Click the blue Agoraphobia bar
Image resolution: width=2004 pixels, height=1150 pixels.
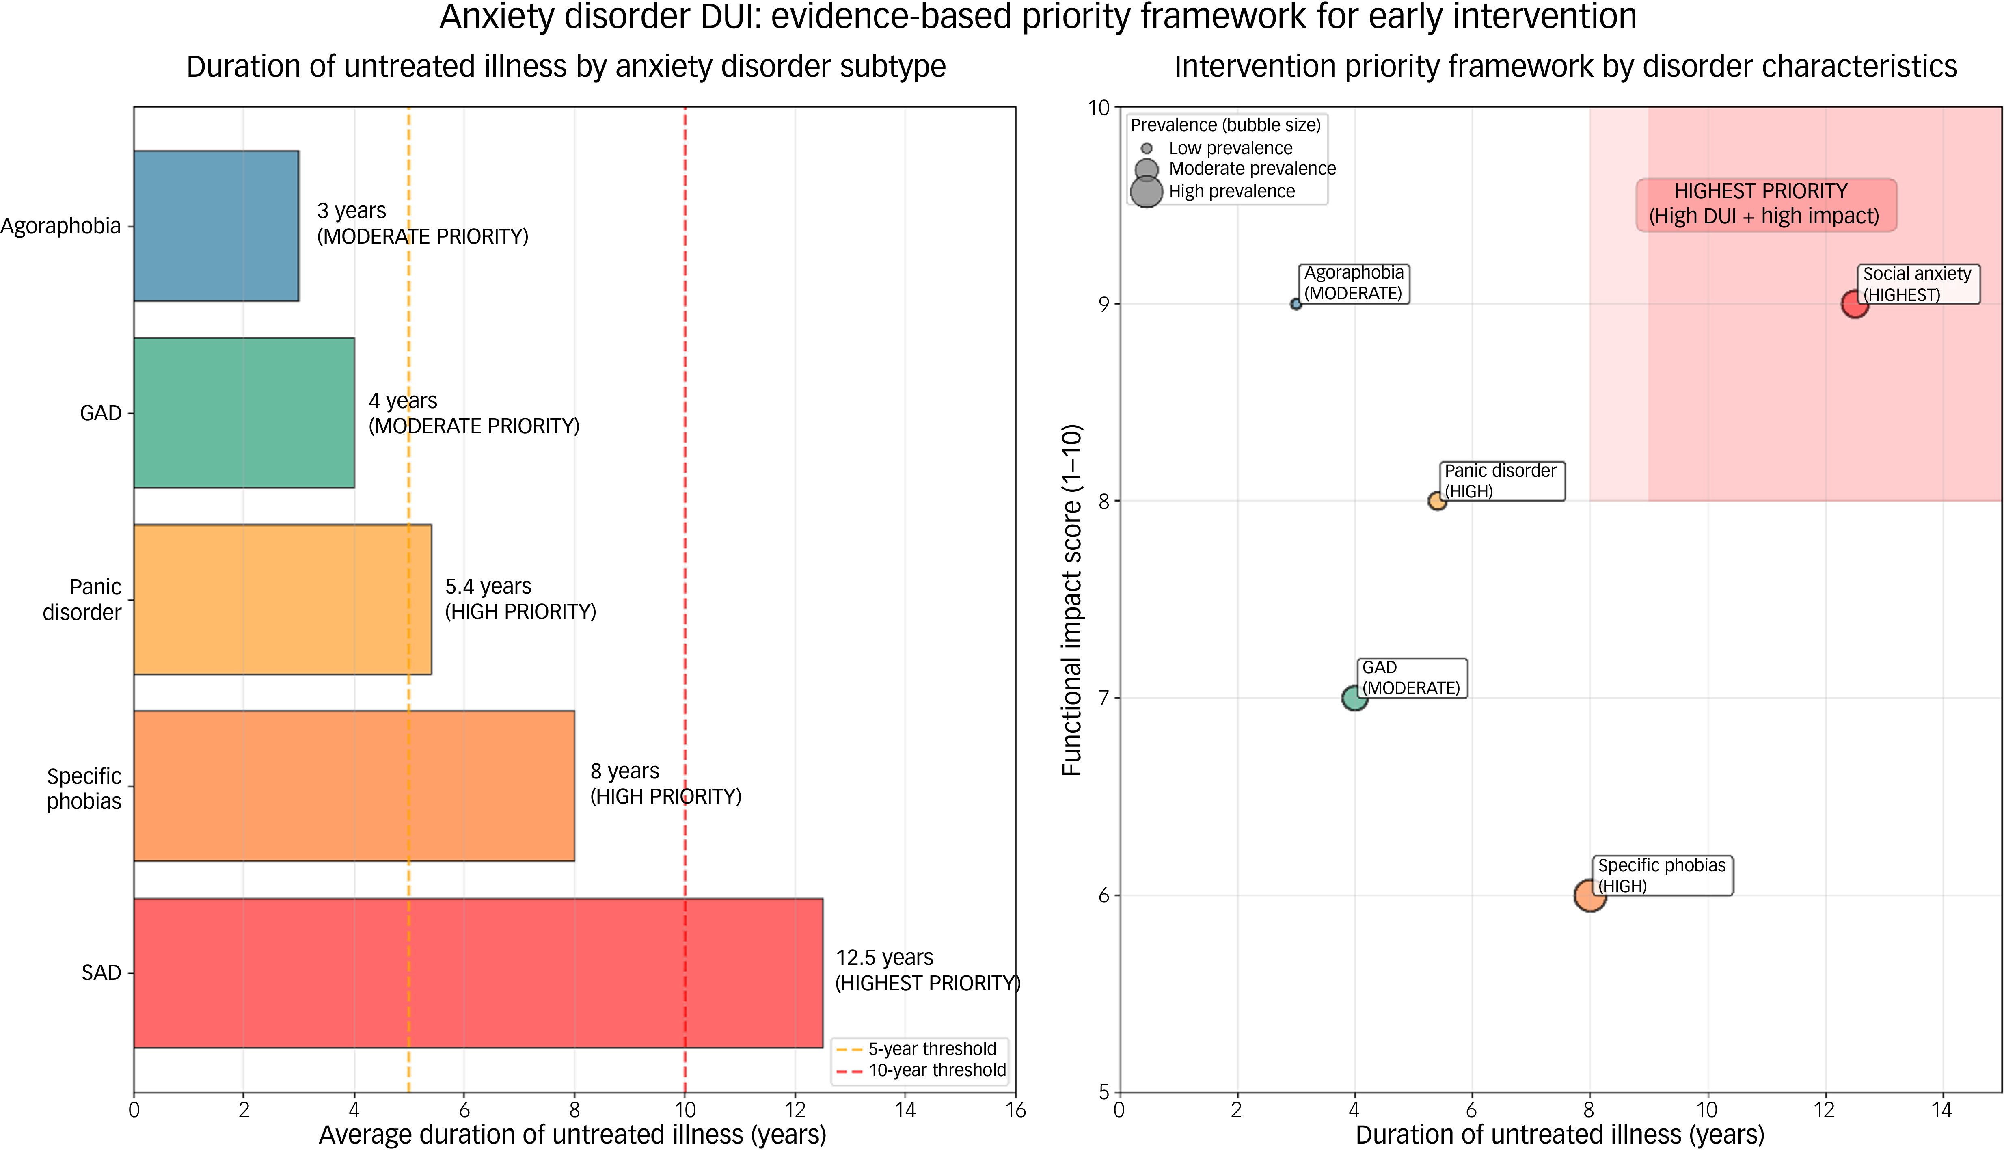coord(216,226)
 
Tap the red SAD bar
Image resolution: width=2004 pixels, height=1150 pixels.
coord(478,973)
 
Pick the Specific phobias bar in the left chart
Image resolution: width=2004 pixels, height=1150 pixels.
coord(354,786)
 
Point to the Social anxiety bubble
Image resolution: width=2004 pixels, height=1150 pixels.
coord(1855,303)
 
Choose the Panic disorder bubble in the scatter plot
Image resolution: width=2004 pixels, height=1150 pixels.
coord(1437,501)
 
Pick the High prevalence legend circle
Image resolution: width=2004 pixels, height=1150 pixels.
coord(1147,191)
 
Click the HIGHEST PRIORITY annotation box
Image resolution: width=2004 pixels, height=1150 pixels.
coord(1766,205)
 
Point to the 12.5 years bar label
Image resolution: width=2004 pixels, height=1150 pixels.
coord(884,957)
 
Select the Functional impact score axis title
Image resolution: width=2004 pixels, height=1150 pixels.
coord(1071,600)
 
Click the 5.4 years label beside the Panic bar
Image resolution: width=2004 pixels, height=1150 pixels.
coord(488,586)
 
